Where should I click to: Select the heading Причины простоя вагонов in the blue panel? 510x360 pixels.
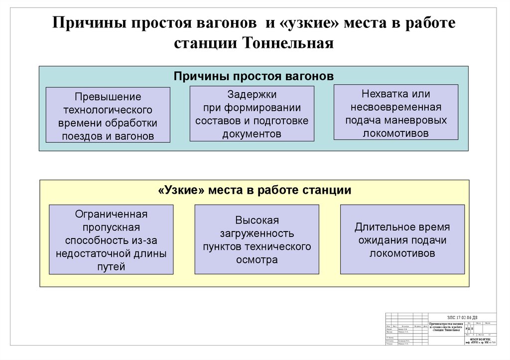pos(254,76)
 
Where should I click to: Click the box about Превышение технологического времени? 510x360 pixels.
pos(108,116)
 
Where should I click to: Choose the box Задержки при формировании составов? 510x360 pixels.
pos(252,114)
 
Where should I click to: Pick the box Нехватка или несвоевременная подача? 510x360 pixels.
pos(396,113)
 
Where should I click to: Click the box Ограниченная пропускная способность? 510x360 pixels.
pos(112,240)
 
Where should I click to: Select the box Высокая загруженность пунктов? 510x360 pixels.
pos(257,240)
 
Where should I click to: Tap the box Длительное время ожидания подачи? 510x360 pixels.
pos(402,240)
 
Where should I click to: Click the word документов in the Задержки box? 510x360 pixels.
pos(252,134)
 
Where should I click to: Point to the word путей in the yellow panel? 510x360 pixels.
pos(112,266)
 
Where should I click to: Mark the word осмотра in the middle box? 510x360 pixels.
pos(257,259)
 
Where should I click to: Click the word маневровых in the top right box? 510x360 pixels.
pos(419,120)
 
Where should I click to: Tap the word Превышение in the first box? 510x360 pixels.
pos(108,97)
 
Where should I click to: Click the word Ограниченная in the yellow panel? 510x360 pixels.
pos(112,214)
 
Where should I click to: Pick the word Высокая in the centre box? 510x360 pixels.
pos(257,220)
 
